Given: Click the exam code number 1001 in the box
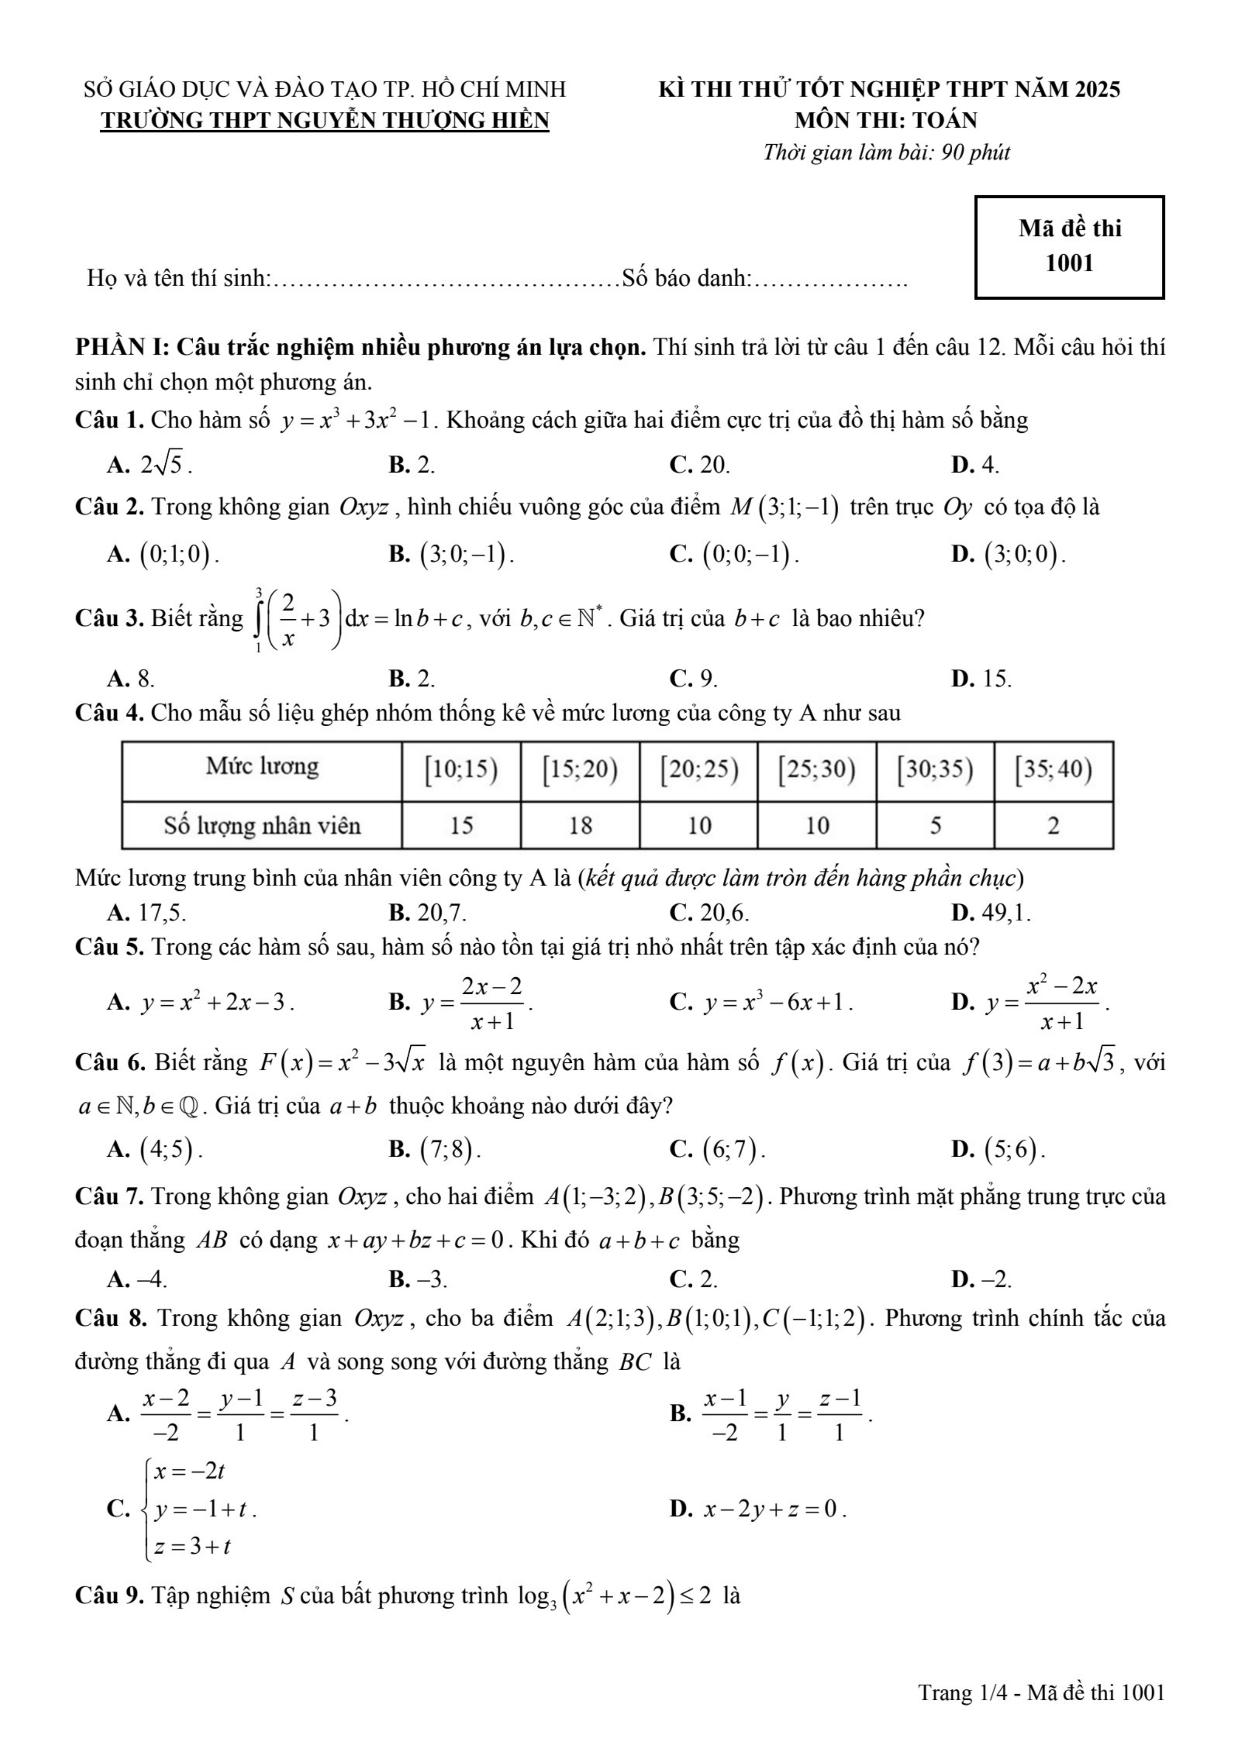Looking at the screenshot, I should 1069,263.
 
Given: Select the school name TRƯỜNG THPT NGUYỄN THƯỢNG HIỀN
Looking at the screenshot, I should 324,121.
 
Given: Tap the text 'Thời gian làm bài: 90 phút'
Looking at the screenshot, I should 886,153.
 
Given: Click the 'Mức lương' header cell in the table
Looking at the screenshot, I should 261,766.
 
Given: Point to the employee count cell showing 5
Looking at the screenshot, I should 935,825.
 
